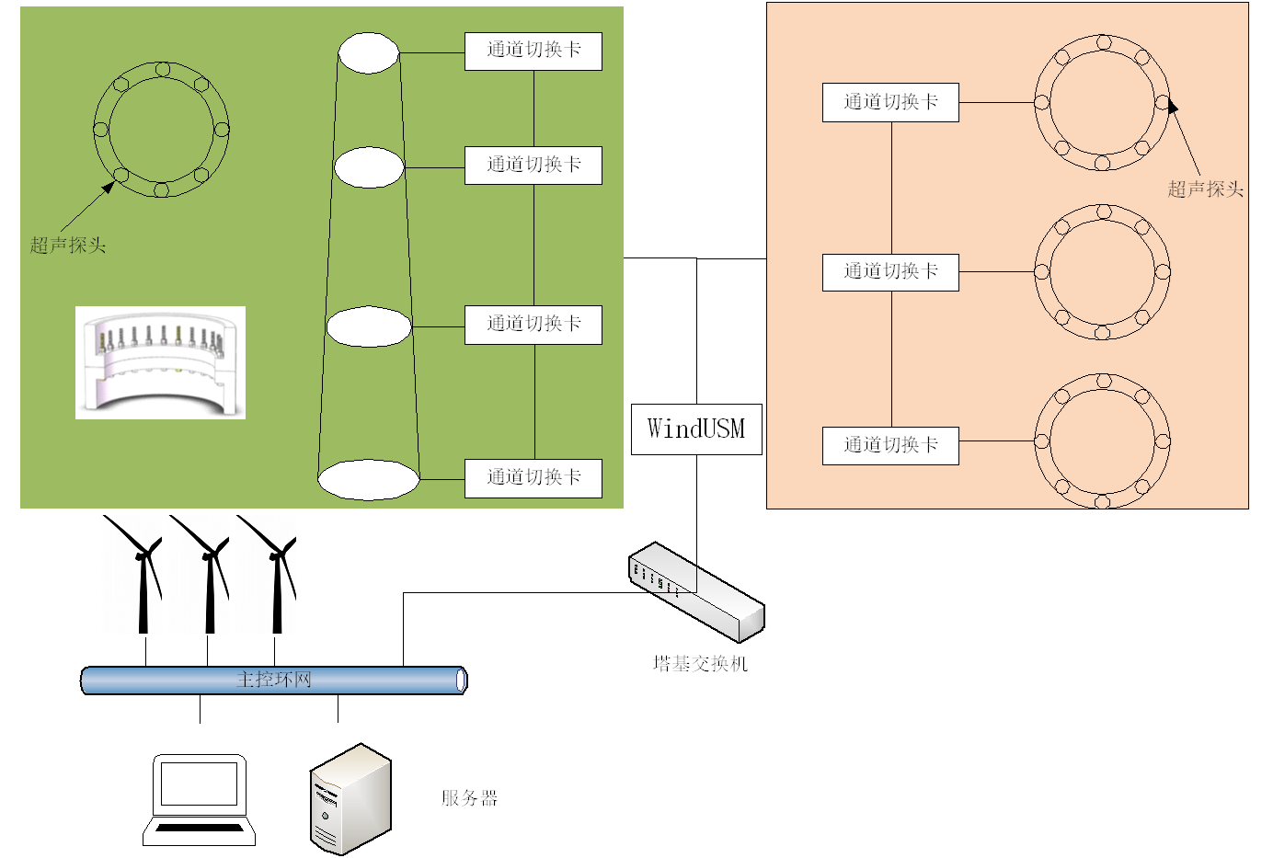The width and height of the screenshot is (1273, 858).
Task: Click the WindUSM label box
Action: point(696,429)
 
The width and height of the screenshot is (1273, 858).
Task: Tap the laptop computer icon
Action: point(199,799)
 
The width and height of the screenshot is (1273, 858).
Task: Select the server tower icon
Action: point(350,799)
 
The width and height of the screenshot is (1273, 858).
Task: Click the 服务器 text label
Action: point(469,798)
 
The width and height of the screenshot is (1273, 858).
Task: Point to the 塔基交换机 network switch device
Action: point(696,590)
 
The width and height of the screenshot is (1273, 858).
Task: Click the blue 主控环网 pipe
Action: point(274,681)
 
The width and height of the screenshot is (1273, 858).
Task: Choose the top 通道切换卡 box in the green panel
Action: point(533,51)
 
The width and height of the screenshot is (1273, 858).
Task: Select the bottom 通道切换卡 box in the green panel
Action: point(533,478)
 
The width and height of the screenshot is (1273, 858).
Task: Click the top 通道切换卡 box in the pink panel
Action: point(890,103)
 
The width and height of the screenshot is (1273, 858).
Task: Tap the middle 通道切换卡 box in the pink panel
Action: point(890,272)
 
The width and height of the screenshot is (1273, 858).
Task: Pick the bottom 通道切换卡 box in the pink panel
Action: point(890,446)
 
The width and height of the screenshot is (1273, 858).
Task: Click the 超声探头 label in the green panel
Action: point(68,246)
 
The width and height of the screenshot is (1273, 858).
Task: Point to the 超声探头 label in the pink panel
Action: point(1205,189)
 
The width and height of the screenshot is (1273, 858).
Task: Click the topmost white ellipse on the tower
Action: point(368,53)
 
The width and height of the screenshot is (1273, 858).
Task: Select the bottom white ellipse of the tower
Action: point(368,479)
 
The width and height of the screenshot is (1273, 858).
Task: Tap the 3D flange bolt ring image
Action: point(160,363)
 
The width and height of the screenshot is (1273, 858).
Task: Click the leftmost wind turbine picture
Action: point(132,574)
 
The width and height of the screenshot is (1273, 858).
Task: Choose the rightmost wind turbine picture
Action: point(267,574)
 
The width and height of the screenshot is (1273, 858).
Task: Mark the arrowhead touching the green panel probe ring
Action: point(109,187)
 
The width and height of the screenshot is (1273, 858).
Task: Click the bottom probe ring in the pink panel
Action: point(1102,440)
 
